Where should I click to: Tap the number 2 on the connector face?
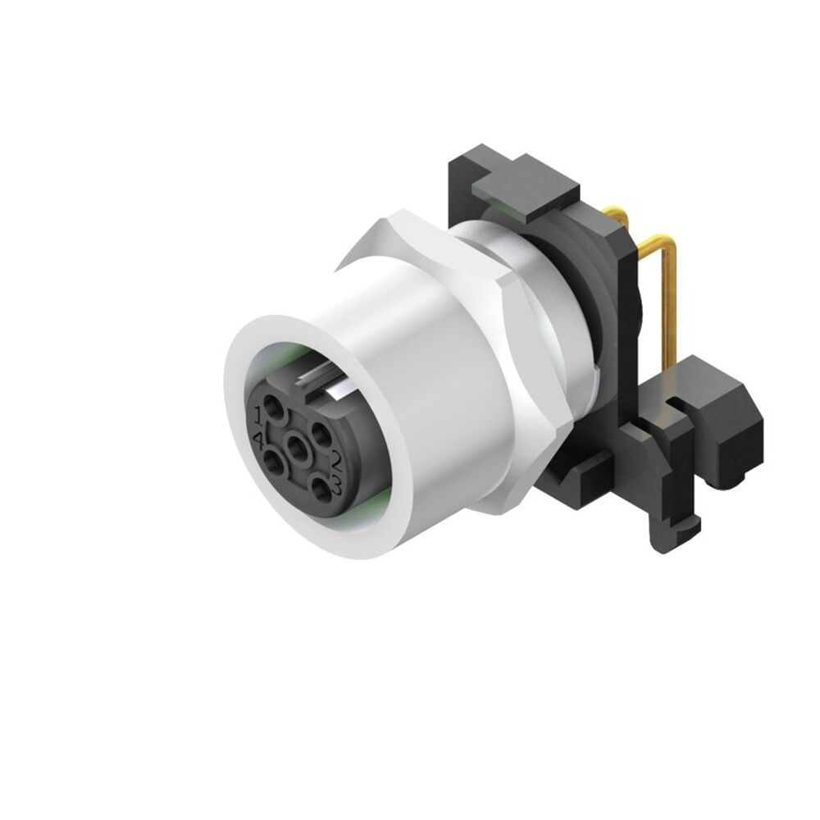[x=335, y=460]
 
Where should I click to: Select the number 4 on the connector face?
[x=261, y=443]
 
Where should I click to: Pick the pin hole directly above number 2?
[x=319, y=432]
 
